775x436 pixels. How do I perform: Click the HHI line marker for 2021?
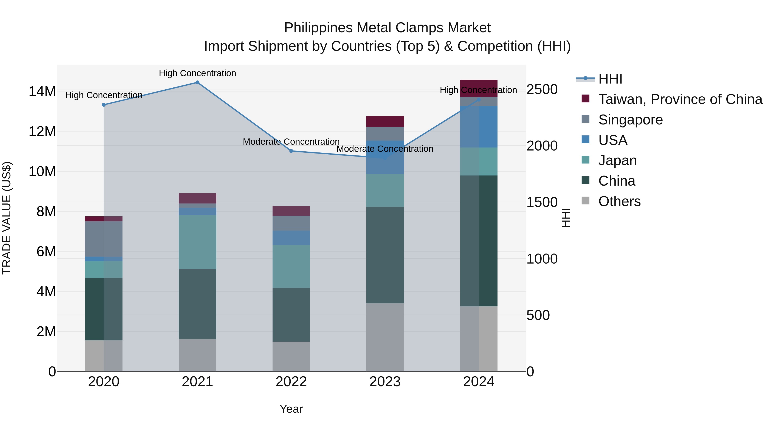pyautogui.click(x=197, y=82)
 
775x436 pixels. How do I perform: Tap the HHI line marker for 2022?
pyautogui.click(x=291, y=151)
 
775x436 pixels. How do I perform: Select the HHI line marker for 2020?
pyautogui.click(x=104, y=105)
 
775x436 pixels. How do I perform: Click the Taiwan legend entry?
pyautogui.click(x=680, y=99)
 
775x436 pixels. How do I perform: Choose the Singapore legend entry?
pyautogui.click(x=630, y=120)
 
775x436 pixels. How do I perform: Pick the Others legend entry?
pyautogui.click(x=619, y=201)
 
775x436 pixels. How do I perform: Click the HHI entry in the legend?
pyautogui.click(x=610, y=79)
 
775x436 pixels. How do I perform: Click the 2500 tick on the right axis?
pyautogui.click(x=542, y=90)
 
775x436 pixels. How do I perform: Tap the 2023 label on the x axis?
pyautogui.click(x=385, y=382)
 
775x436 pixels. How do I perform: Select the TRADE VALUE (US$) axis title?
pyautogui.click(x=7, y=218)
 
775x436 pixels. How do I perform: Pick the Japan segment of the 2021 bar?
pyautogui.click(x=197, y=242)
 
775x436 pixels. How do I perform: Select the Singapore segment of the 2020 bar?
pyautogui.click(x=104, y=239)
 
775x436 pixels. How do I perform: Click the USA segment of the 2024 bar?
pyautogui.click(x=478, y=127)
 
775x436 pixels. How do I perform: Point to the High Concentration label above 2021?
pyautogui.click(x=197, y=73)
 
